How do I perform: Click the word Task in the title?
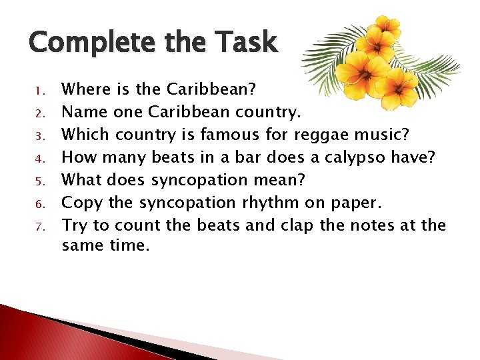pos(243,43)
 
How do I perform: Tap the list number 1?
pos(39,89)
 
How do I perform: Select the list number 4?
pos(39,158)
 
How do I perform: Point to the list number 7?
pos(39,226)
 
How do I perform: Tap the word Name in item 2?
pos(79,111)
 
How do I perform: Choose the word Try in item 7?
pos(73,226)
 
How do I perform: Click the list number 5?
pos(39,181)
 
